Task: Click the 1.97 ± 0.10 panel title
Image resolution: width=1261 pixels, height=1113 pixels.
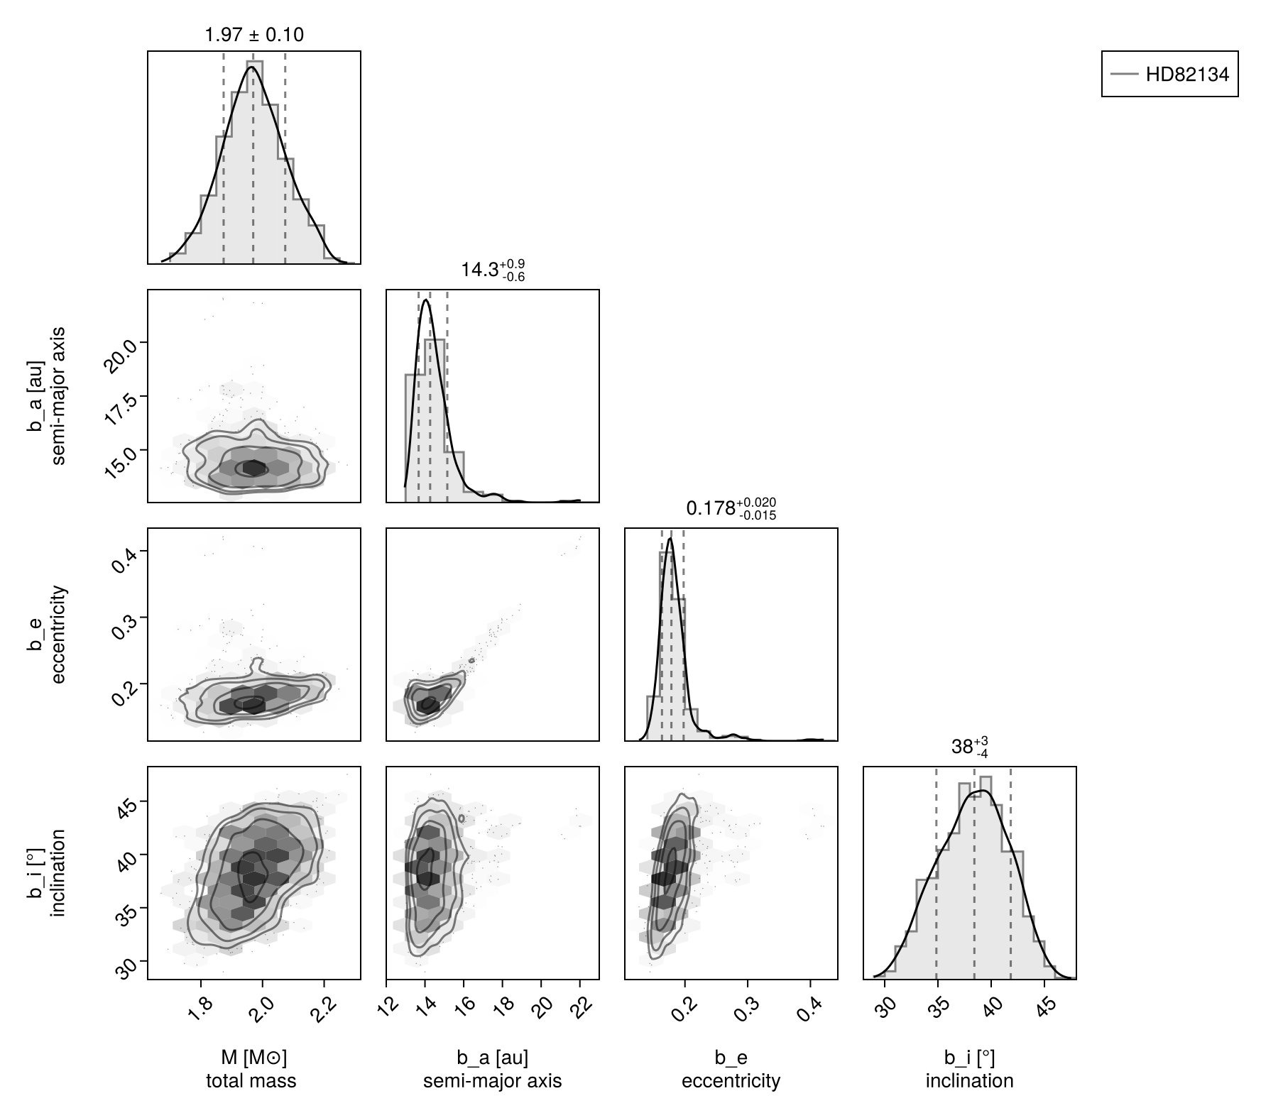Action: pyautogui.click(x=253, y=34)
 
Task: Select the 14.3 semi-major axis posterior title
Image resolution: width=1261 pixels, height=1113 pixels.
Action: pyautogui.click(x=493, y=270)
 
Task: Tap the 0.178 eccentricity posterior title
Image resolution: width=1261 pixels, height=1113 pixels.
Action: pyautogui.click(x=731, y=508)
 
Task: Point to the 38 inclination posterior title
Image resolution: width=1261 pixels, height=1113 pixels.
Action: pyautogui.click(x=969, y=747)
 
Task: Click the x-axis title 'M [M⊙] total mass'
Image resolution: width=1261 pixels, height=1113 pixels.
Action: pyautogui.click(x=252, y=1069)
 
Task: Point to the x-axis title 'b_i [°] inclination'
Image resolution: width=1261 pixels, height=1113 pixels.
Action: pyautogui.click(x=969, y=1069)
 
